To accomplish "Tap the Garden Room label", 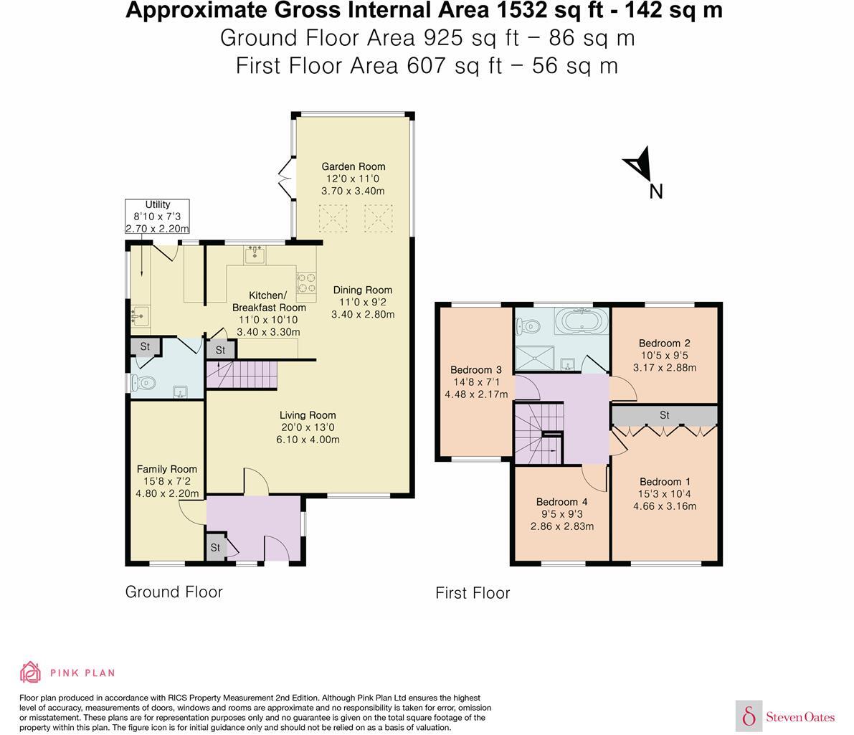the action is pyautogui.click(x=353, y=167).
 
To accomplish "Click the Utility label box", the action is pyautogui.click(x=158, y=217).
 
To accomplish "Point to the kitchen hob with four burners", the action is pyautogui.click(x=305, y=283).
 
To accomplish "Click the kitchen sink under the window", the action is pyautogui.click(x=255, y=255).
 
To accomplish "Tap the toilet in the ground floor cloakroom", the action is pyautogui.click(x=143, y=383).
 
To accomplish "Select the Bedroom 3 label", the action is pyautogui.click(x=475, y=370).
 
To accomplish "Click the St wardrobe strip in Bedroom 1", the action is pyautogui.click(x=665, y=415).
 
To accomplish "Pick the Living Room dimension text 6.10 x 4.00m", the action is pyautogui.click(x=308, y=440).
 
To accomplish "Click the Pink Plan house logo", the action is pyautogui.click(x=31, y=672).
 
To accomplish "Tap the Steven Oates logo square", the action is pyautogui.click(x=749, y=716).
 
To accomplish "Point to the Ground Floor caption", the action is pyautogui.click(x=174, y=592).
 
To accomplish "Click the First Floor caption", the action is pyautogui.click(x=473, y=593).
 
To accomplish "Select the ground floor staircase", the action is pyautogui.click(x=242, y=375).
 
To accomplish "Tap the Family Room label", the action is pyautogui.click(x=166, y=469).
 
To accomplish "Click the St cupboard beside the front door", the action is pyautogui.click(x=216, y=548).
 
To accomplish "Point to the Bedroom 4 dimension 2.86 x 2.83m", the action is pyautogui.click(x=562, y=526).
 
